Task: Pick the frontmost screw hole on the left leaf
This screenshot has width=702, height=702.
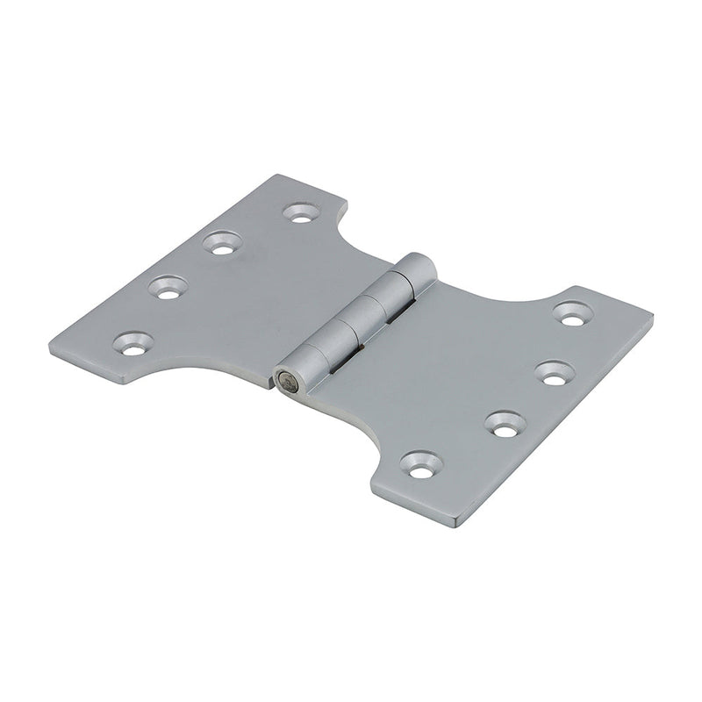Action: [132, 344]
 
